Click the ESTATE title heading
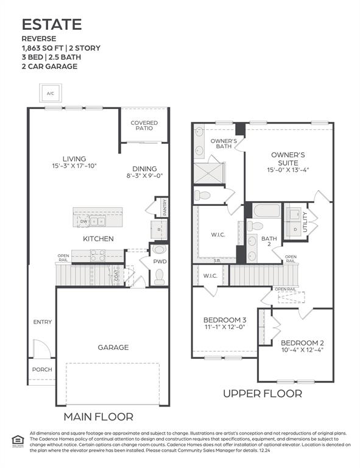point(52,24)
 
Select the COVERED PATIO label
point(144,126)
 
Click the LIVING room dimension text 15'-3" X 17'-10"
point(74,166)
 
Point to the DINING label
point(144,169)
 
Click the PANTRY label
point(164,207)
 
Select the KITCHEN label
point(98,239)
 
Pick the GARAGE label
point(113,347)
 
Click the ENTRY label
point(42,322)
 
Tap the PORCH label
point(42,369)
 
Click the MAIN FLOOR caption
point(99,417)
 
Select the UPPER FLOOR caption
point(262,394)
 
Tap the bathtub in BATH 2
point(266,211)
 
